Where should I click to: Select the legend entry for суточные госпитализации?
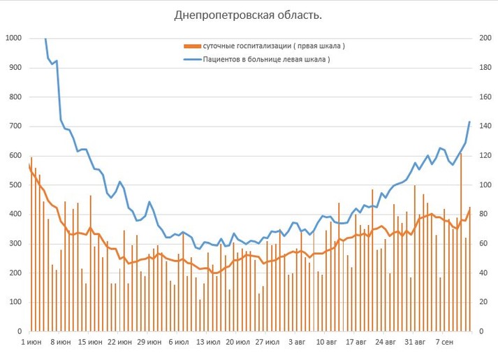click(274, 46)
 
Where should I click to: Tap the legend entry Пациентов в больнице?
click(266, 59)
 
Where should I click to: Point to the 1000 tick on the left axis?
click(13, 38)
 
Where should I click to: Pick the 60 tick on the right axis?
click(483, 244)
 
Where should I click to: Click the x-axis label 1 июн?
click(33, 343)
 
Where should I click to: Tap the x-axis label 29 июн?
click(150, 343)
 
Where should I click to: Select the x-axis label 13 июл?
click(209, 343)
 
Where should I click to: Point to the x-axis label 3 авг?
click(297, 343)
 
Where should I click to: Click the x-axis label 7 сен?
click(444, 343)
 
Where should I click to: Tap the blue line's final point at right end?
click(469, 122)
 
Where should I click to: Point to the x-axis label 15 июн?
click(91, 343)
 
